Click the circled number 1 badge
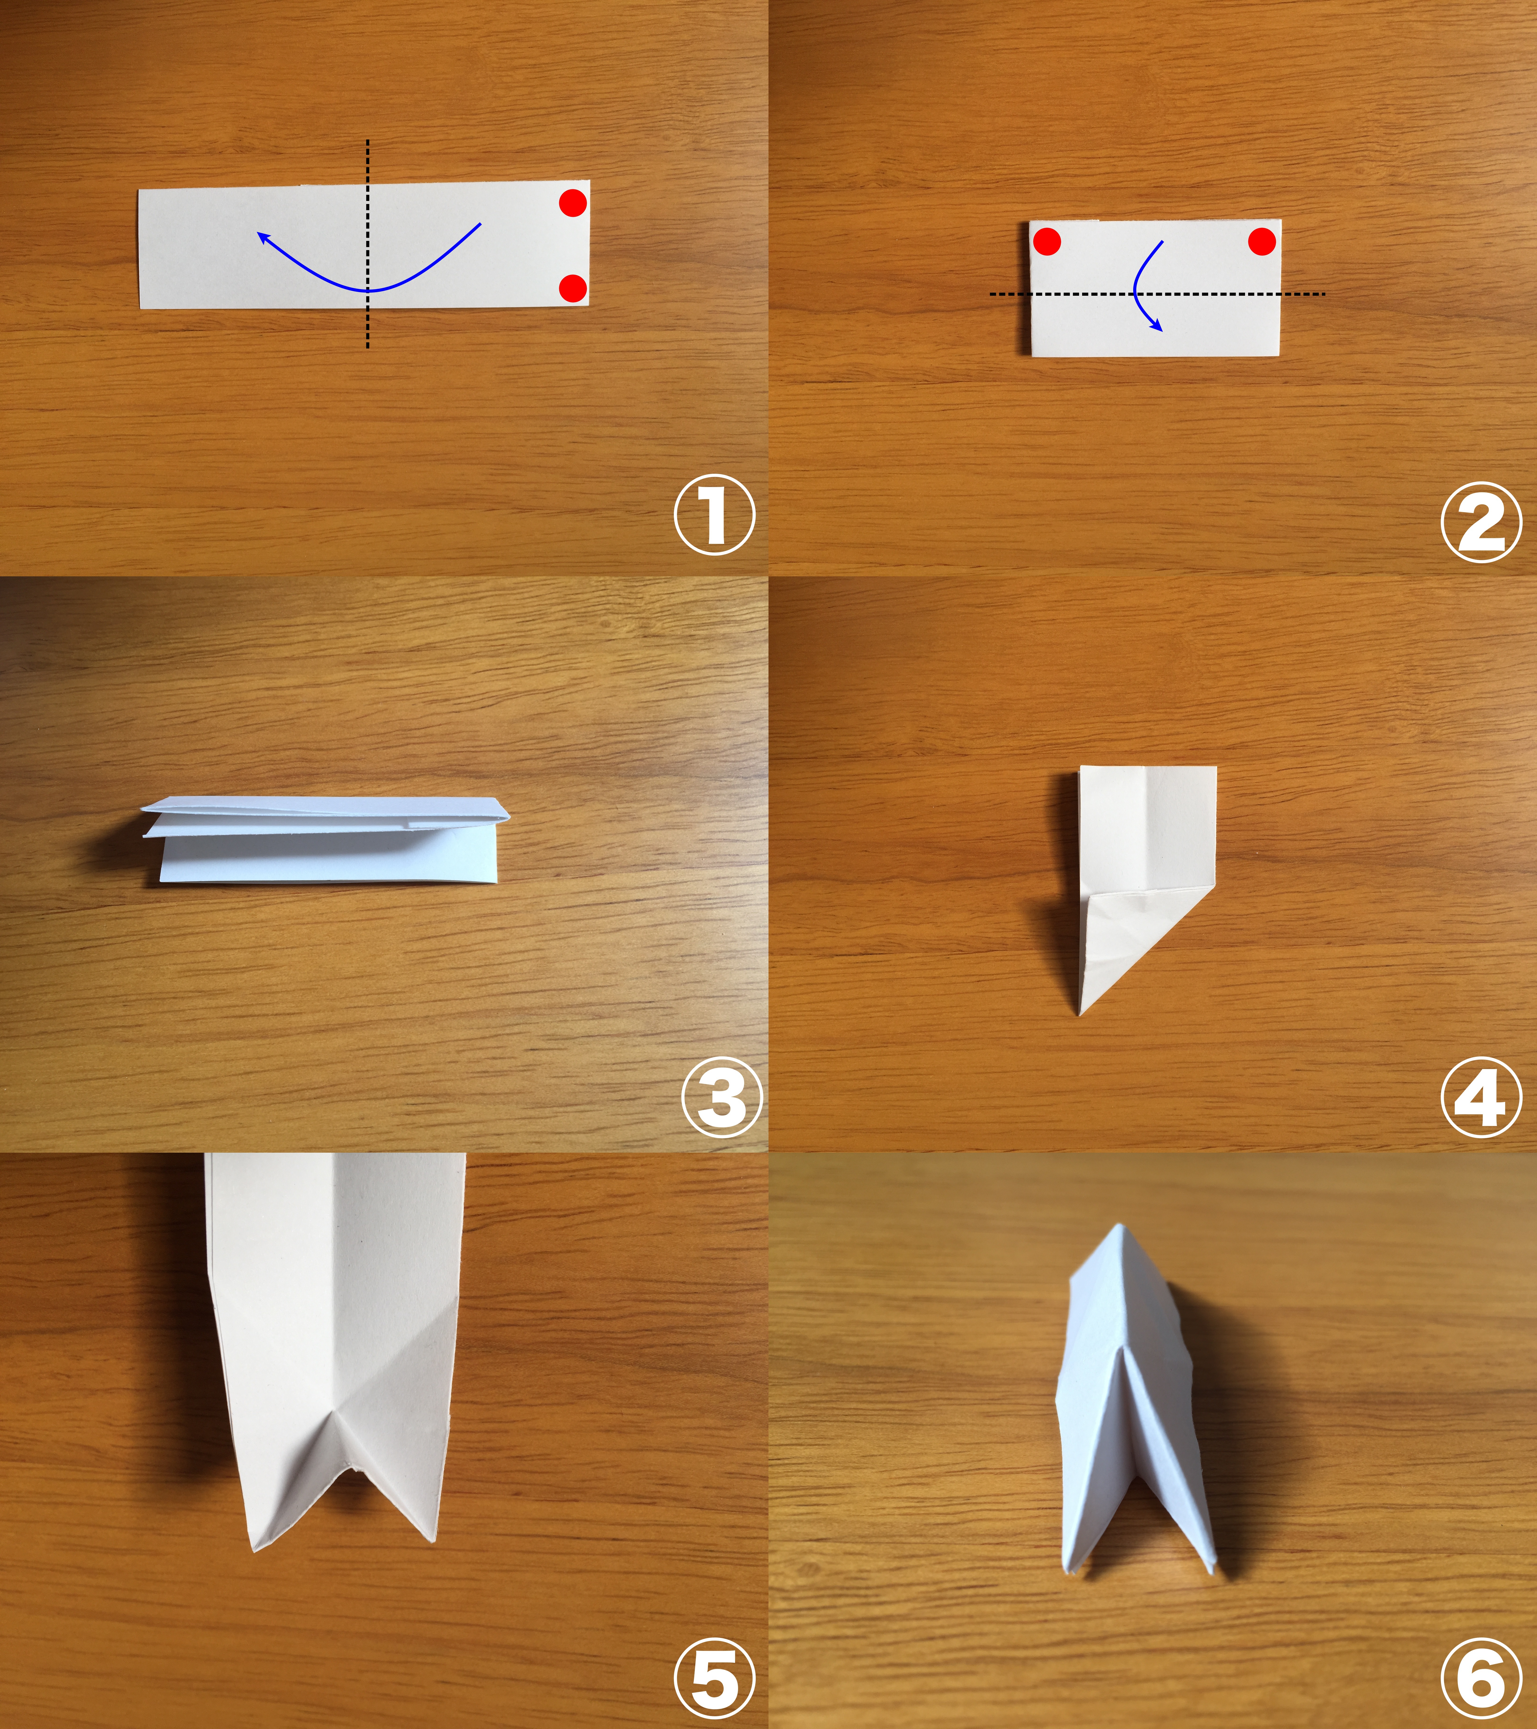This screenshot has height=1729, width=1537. click(715, 518)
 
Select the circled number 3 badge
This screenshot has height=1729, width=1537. click(722, 1097)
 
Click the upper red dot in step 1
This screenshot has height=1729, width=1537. click(573, 203)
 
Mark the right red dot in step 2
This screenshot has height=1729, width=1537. click(1261, 241)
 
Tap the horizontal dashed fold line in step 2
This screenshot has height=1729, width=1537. click(1157, 294)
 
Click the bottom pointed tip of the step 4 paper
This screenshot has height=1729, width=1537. click(1081, 1013)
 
